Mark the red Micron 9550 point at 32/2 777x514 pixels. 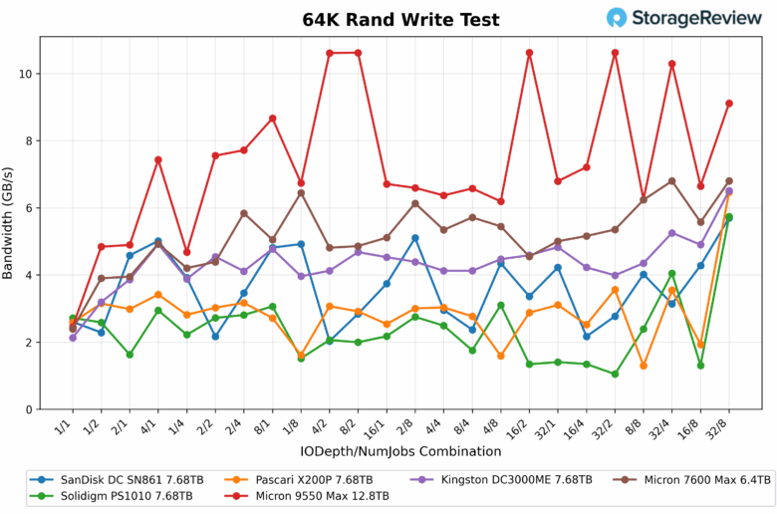point(615,53)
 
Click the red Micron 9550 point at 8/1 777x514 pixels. point(272,119)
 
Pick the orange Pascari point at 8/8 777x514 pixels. point(644,366)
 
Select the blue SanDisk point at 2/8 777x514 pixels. point(414,238)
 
